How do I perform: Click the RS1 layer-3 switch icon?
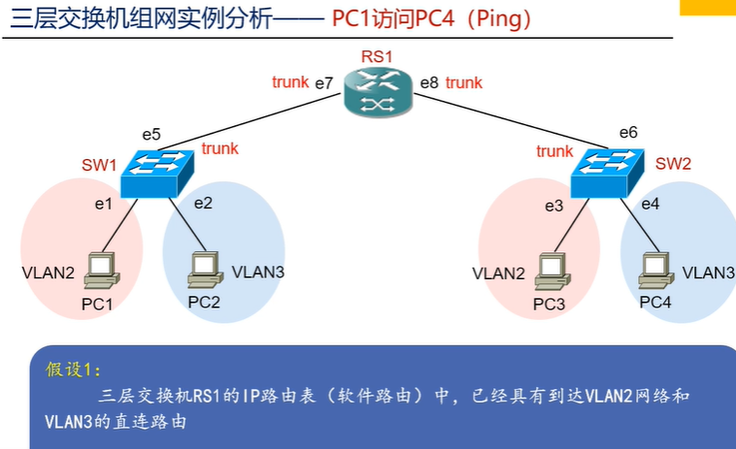pos(378,93)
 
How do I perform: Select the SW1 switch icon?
pos(157,173)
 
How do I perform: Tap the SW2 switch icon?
pos(608,173)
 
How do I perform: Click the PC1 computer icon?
pos(102,271)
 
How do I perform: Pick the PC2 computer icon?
pos(205,270)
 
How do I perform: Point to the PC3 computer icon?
pos(552,271)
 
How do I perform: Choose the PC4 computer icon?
pos(656,270)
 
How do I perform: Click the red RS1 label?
pos(377,56)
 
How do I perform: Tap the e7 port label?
pos(324,83)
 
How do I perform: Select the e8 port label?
pos(429,83)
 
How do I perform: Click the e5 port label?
pos(151,135)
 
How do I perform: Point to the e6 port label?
pos(628,132)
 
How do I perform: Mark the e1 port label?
pos(104,204)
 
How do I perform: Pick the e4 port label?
pos(651,204)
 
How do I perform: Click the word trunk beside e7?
pos(290,82)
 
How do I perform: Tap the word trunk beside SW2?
pos(554,151)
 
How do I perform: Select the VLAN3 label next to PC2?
pos(258,272)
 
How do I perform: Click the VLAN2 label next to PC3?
pos(498,273)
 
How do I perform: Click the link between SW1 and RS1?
pos(250,122)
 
